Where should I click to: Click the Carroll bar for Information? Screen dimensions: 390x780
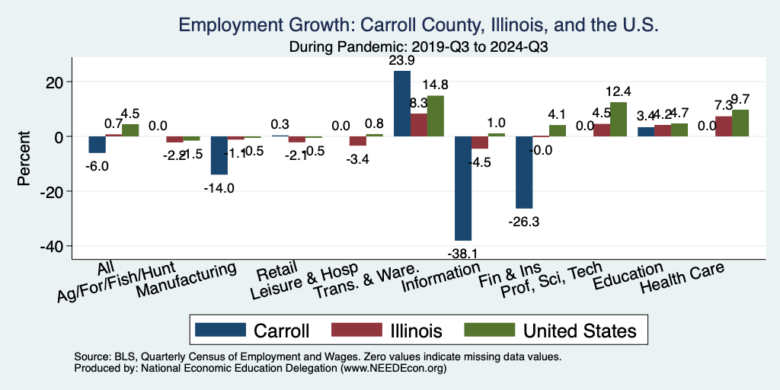[463, 188]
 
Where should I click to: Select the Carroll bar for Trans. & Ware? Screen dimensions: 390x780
[402, 104]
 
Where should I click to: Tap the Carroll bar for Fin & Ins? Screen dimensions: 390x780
[524, 172]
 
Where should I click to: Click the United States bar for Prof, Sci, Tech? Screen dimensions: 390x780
[619, 119]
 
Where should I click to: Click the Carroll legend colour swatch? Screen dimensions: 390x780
[220, 331]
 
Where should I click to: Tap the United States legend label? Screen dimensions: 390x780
[579, 331]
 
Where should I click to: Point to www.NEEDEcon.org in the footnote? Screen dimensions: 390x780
[392, 368]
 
